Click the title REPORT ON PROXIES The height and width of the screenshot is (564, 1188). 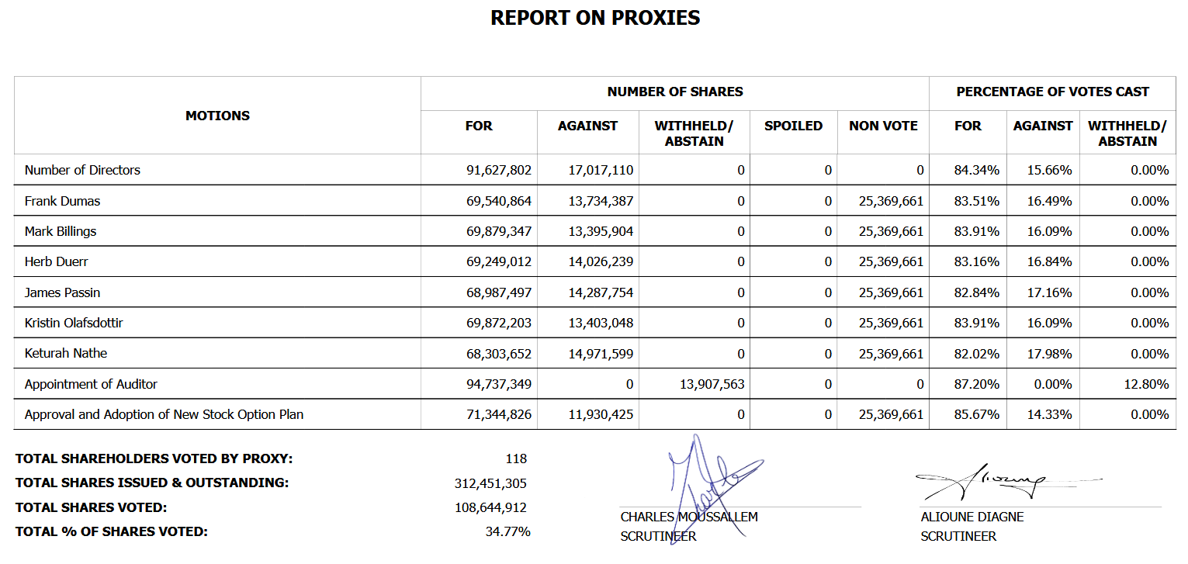point(595,18)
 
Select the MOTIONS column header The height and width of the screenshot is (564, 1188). point(217,116)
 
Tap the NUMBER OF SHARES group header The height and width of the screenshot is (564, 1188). point(674,92)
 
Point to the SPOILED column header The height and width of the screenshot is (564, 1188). point(793,126)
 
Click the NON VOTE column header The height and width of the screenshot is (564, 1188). point(883,126)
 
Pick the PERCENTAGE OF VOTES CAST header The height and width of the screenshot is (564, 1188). point(1052,92)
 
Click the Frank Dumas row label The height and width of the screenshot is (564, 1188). point(62,201)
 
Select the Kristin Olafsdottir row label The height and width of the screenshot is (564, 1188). point(74,323)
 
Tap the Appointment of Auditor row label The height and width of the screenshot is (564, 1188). point(91,384)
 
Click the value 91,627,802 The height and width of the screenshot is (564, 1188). point(499,170)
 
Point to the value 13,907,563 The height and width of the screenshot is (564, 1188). point(712,384)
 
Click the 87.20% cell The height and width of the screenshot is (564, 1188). point(976,384)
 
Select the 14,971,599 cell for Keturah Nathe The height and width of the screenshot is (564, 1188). point(601,354)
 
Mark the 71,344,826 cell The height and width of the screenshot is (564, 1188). point(499,414)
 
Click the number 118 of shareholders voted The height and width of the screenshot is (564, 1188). point(515,458)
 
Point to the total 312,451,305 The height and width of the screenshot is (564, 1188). point(490,483)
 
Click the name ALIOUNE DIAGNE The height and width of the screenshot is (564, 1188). point(972,517)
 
